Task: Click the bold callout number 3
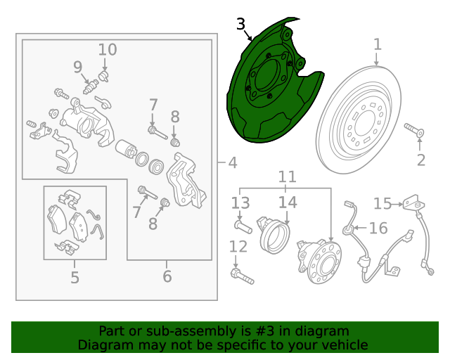tap(241, 24)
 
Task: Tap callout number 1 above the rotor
tap(378, 45)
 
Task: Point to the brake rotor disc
tap(359, 120)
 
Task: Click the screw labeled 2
tap(414, 130)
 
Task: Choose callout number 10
tap(108, 50)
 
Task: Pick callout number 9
tap(78, 67)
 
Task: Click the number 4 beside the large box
tap(233, 162)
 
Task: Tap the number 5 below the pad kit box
tap(75, 278)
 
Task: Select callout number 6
tap(167, 276)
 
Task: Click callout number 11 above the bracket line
tap(288, 177)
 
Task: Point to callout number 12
tap(238, 247)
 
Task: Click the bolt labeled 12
tap(242, 276)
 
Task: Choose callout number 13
tap(240, 203)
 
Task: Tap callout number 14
tap(288, 202)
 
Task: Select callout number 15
tap(382, 203)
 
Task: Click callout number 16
tap(378, 229)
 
